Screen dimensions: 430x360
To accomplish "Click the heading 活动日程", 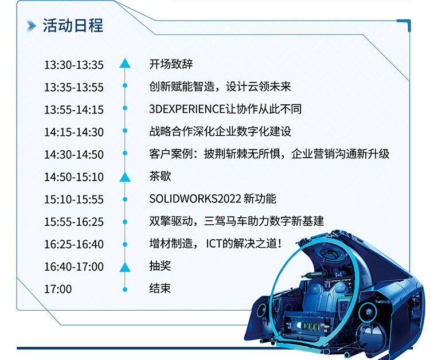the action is pyautogui.click(x=73, y=25).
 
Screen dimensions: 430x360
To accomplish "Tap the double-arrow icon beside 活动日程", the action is pyautogui.click(x=32, y=26).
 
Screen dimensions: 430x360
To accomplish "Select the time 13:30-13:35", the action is pyautogui.click(x=74, y=65).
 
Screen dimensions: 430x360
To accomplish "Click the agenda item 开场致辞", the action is pyautogui.click(x=171, y=64).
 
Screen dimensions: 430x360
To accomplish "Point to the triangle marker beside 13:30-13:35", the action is pyautogui.click(x=125, y=63).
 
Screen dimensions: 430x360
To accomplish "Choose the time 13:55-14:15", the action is pyautogui.click(x=74, y=109).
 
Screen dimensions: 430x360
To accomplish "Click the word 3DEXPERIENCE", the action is pyautogui.click(x=187, y=109).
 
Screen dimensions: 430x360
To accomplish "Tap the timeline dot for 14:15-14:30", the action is pyautogui.click(x=125, y=131).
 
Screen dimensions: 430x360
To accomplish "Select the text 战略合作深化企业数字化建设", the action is pyautogui.click(x=220, y=131).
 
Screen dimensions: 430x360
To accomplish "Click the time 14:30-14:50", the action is pyautogui.click(x=74, y=155).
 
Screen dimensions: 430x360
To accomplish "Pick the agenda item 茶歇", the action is pyautogui.click(x=160, y=177).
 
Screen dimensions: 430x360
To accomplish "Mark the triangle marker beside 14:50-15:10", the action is pyautogui.click(x=125, y=177).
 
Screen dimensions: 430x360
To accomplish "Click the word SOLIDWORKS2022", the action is pyautogui.click(x=195, y=199).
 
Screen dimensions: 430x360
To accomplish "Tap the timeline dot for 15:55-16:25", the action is pyautogui.click(x=125, y=221).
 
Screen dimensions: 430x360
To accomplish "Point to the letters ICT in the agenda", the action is pyautogui.click(x=214, y=244).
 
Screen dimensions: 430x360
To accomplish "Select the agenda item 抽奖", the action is pyautogui.click(x=160, y=266).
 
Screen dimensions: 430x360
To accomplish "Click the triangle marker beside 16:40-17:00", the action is pyautogui.click(x=125, y=267).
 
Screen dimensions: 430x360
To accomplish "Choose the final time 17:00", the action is pyautogui.click(x=58, y=289).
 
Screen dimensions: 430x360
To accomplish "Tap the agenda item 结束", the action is pyautogui.click(x=160, y=288).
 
